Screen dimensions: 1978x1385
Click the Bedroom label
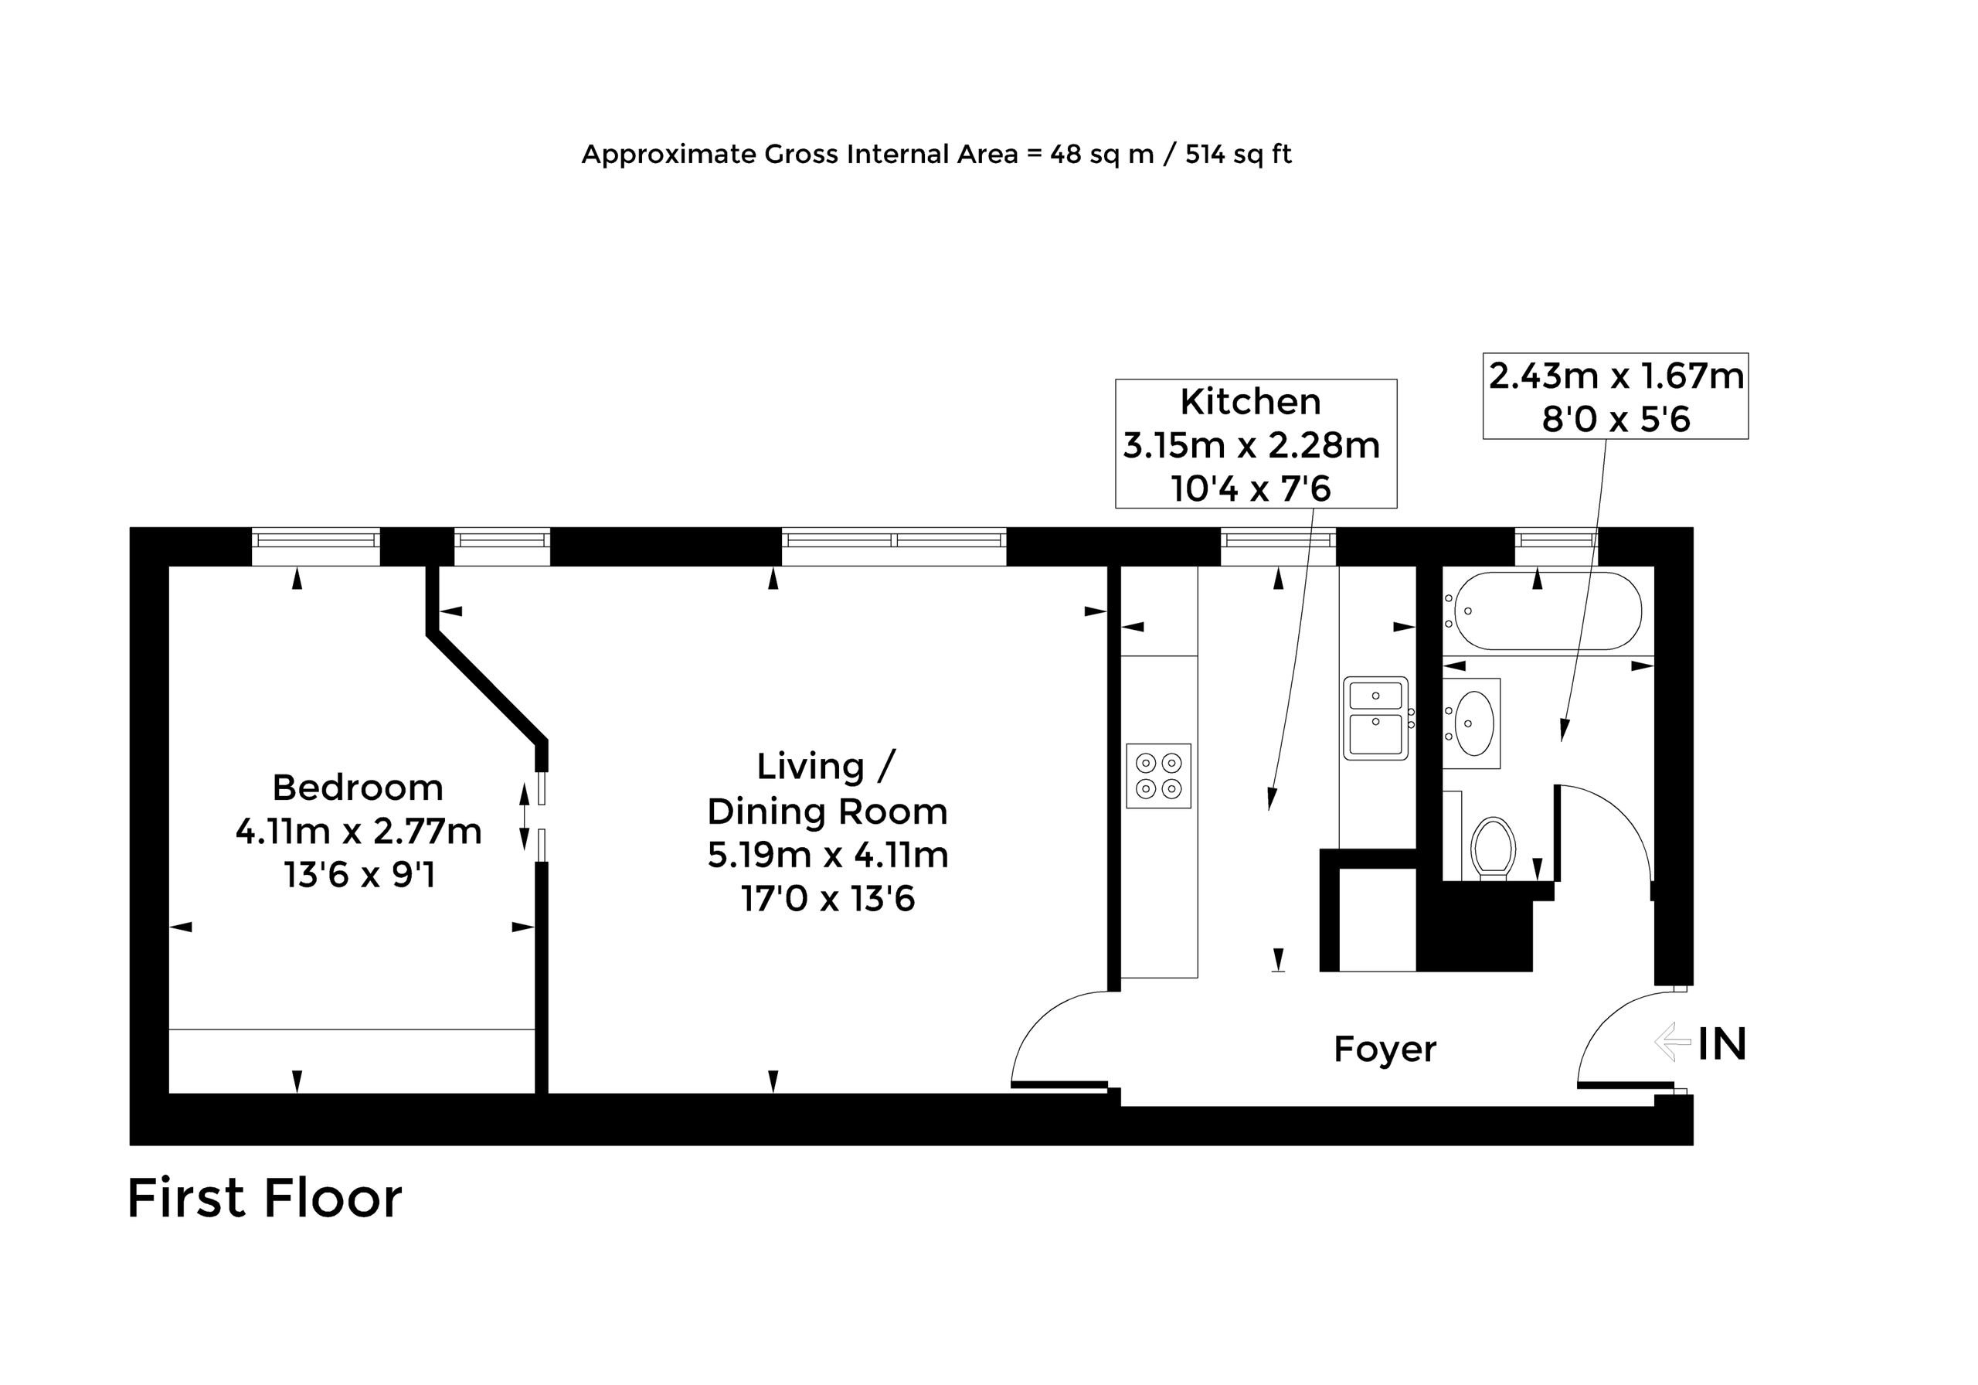(x=358, y=788)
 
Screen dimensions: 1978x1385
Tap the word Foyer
(x=1385, y=1050)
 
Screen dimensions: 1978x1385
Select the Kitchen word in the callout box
(x=1250, y=402)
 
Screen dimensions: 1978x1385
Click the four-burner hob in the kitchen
(x=1159, y=776)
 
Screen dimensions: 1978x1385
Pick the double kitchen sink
(x=1376, y=718)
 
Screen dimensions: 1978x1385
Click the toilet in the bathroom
(x=1494, y=848)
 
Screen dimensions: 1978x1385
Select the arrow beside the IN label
(x=1673, y=1043)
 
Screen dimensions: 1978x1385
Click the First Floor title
(x=264, y=1198)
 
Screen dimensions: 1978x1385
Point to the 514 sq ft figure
(x=1238, y=155)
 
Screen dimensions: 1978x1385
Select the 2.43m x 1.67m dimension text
(x=1616, y=376)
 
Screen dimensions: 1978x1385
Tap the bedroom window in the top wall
(x=316, y=541)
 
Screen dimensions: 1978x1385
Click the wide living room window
(x=894, y=541)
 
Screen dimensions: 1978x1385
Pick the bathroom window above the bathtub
(x=1557, y=541)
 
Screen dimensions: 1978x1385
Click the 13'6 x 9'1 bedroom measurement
(x=359, y=876)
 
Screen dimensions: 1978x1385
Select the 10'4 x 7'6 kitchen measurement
(x=1251, y=489)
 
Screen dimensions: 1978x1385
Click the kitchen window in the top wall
(x=1279, y=541)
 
